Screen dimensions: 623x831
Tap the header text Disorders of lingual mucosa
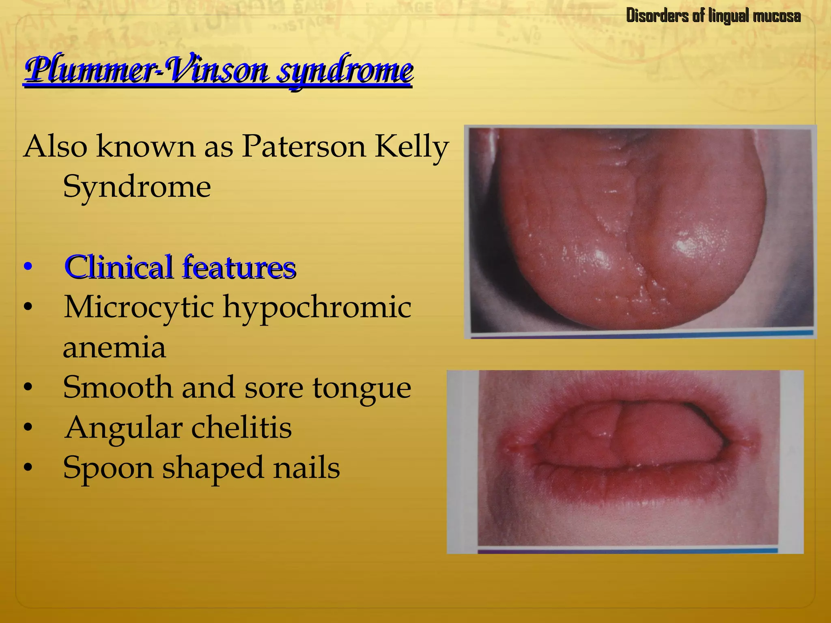(713, 16)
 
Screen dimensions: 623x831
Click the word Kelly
(411, 147)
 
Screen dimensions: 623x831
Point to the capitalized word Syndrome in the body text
(137, 187)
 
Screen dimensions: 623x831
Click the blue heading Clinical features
(180, 267)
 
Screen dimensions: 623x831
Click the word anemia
(114, 348)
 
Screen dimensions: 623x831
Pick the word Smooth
(118, 387)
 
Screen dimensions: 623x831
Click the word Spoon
(108, 468)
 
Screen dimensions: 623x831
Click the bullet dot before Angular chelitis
(28, 428)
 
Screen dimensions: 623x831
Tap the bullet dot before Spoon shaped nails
(28, 468)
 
